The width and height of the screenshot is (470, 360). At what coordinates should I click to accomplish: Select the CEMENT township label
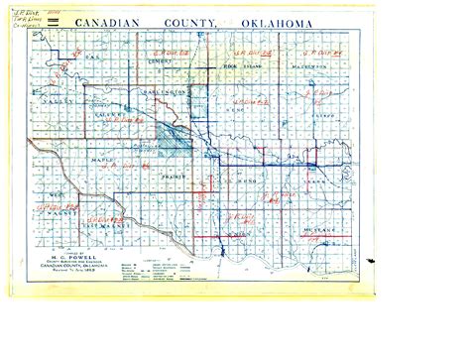[x=174, y=61]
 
